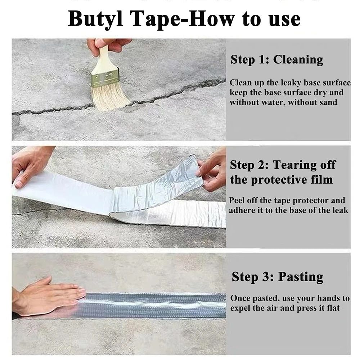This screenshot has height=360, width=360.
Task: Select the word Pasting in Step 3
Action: [301, 277]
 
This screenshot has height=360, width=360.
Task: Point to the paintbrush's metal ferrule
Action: [105, 77]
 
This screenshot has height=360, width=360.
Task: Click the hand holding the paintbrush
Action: [108, 45]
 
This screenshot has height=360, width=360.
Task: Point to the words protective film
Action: [281, 180]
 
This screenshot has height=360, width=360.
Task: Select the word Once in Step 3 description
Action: [240, 298]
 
